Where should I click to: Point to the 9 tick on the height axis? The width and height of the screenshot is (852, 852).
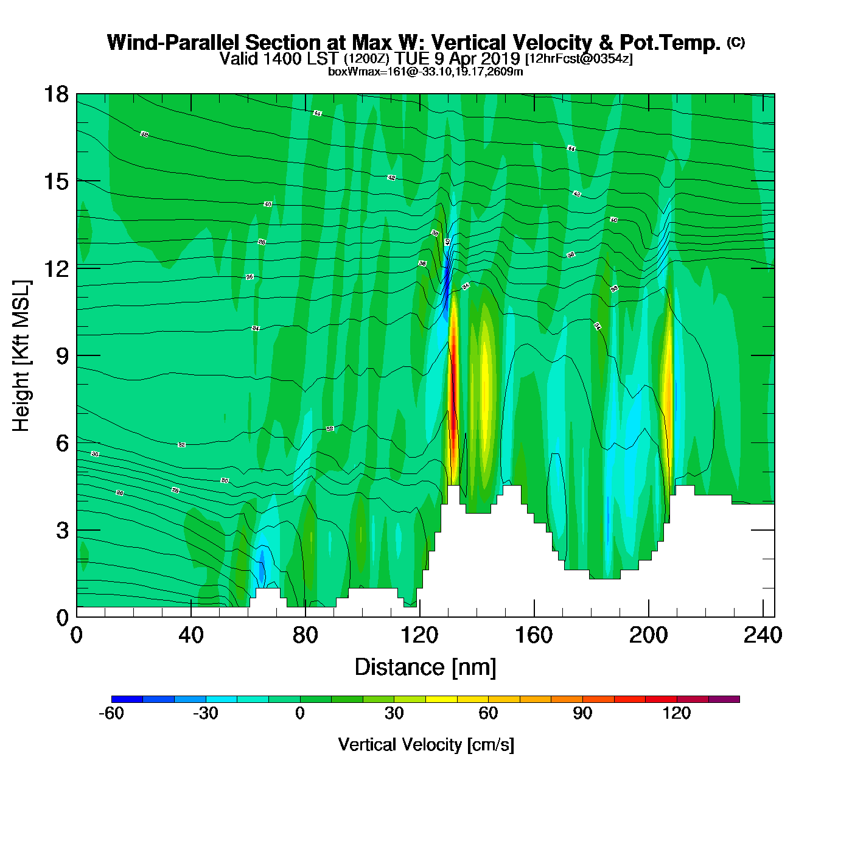click(x=63, y=356)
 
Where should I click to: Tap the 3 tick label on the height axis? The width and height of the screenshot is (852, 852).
click(x=63, y=531)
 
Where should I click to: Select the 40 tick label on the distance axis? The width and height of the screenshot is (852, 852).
click(x=190, y=635)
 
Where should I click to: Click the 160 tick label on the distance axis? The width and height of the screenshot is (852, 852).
click(x=534, y=635)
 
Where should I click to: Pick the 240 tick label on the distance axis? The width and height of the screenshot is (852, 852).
click(x=762, y=635)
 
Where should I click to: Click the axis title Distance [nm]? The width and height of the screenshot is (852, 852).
click(x=425, y=668)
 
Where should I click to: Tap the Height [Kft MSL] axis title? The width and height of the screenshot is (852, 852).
click(x=21, y=356)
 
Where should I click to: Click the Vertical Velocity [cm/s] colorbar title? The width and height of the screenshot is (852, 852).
click(x=425, y=745)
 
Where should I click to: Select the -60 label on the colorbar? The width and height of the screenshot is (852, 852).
click(x=111, y=713)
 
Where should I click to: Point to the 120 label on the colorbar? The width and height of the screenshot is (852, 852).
click(x=677, y=713)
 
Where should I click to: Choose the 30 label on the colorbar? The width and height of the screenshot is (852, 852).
click(x=394, y=713)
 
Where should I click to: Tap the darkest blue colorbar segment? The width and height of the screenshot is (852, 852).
click(x=127, y=699)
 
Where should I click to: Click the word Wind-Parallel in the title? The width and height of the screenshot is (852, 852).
click(x=173, y=43)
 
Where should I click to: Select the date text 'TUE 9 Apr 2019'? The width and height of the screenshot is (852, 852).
click(x=457, y=59)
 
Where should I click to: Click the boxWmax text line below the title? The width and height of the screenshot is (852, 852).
click(x=425, y=72)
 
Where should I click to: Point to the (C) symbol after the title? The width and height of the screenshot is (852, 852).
click(x=735, y=42)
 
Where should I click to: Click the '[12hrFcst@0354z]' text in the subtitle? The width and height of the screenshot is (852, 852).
click(x=579, y=59)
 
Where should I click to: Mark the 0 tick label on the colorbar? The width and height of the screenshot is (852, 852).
click(x=299, y=713)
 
